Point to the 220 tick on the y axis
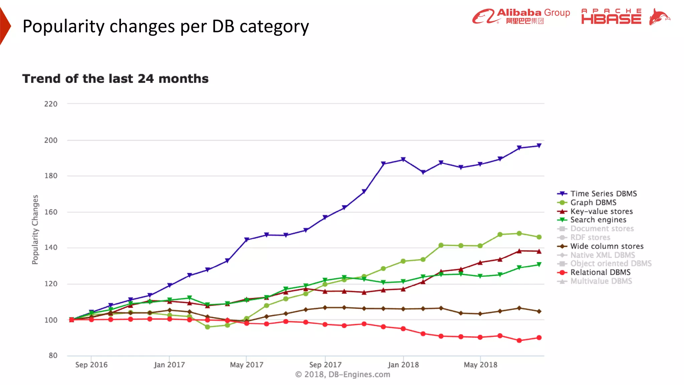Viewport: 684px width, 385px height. (51, 104)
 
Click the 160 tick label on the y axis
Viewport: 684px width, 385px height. (51, 212)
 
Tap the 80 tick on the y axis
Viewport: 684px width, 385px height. (53, 356)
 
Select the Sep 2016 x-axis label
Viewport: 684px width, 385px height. (91, 365)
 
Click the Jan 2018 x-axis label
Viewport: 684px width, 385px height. (403, 365)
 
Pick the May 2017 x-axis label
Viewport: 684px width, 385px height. (246, 365)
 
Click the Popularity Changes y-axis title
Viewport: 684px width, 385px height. (35, 230)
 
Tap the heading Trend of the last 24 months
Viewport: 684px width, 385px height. (115, 79)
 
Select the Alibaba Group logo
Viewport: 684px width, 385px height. (521, 16)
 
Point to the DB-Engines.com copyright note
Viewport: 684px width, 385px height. (343, 374)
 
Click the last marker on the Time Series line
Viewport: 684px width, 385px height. (539, 146)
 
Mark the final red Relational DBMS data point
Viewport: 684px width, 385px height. (539, 338)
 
